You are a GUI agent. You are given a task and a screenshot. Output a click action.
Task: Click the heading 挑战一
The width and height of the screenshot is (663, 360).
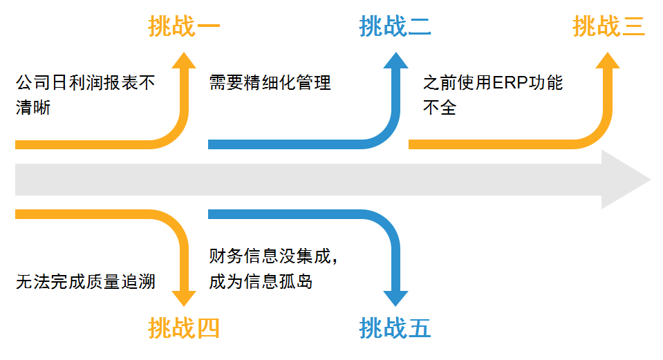point(184,26)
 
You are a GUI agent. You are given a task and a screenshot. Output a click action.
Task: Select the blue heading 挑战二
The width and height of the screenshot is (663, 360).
point(395,26)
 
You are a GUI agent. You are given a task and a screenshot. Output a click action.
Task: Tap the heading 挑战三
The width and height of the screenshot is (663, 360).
point(608,26)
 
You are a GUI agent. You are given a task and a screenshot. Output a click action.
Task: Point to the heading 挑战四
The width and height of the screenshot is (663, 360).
point(184,328)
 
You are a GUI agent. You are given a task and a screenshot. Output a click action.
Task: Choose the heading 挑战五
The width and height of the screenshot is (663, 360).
point(395,328)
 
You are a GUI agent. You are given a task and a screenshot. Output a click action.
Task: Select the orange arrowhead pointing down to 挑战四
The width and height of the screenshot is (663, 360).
point(184,295)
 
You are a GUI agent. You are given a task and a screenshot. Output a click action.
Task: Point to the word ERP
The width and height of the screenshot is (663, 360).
point(511,84)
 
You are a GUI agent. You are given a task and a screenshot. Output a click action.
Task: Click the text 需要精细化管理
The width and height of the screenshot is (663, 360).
point(270,84)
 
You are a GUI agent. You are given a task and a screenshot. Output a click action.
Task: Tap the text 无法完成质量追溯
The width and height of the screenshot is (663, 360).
point(85,282)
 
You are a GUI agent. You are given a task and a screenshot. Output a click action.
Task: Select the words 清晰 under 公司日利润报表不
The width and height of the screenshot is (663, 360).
point(32,108)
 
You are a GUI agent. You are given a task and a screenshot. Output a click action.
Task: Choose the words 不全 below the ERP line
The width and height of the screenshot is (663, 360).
point(440,108)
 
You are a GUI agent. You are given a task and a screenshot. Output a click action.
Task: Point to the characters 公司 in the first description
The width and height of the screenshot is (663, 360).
point(32,84)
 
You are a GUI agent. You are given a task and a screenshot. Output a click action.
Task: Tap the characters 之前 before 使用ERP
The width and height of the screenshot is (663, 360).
point(440,84)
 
